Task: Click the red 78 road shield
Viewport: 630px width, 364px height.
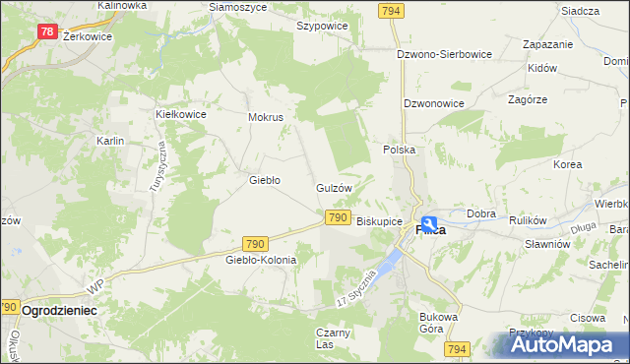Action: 46,31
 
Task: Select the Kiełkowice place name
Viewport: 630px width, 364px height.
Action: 180,114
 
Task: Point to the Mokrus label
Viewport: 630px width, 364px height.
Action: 266,117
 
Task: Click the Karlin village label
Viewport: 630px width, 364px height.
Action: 109,142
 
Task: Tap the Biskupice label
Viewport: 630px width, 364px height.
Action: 379,222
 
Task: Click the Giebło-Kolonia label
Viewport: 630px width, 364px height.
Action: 261,260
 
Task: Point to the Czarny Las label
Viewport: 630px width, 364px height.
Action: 333,337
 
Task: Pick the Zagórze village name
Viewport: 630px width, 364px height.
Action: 528,99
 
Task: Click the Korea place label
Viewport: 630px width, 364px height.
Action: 567,164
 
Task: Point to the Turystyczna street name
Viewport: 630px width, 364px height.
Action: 157,165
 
